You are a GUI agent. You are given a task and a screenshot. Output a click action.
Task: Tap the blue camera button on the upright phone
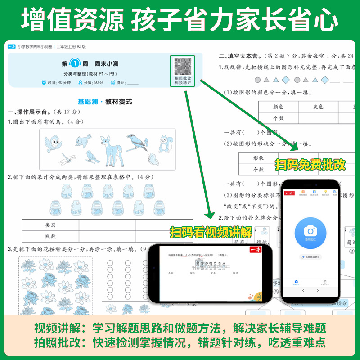pos(310,231)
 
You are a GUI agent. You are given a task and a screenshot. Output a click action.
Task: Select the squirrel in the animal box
pos(165,144)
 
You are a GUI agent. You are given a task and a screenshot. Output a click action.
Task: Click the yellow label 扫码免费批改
pos(310,165)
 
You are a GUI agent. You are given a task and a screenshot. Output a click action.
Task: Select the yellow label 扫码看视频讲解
pos(211,232)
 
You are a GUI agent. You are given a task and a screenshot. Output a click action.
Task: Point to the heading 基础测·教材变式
pos(105,102)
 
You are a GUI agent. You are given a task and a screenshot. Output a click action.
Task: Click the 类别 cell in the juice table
pos(50,225)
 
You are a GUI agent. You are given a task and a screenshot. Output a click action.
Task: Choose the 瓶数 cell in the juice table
pos(50,236)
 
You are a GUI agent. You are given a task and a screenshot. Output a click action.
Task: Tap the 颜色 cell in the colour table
pos(278,107)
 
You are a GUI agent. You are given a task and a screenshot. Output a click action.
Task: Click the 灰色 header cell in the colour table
pos(318,107)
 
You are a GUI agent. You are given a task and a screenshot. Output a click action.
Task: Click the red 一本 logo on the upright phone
pos(290,193)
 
